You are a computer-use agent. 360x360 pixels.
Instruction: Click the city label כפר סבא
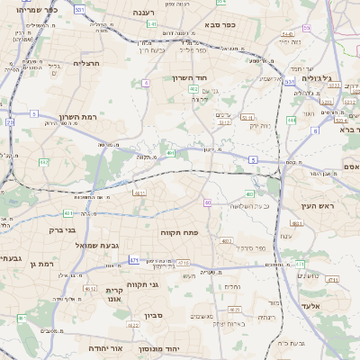pos(220,25)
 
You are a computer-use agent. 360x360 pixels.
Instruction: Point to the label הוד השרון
pos(190,78)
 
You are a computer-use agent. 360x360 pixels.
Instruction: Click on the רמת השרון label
pos(77,117)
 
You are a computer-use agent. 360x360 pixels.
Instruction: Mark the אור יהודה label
pos(105,347)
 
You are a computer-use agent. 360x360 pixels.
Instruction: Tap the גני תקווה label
pos(167,285)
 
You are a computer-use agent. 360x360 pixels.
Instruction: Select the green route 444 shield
pos(291,119)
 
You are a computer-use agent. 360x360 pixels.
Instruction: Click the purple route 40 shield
pos(207,202)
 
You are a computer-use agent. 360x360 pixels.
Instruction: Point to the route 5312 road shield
pos(224,122)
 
